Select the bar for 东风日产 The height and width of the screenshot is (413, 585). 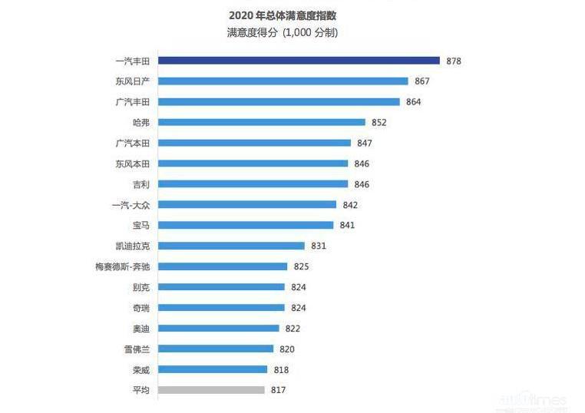pyautogui.click(x=283, y=81)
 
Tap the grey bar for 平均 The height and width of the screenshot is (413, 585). pyautogui.click(x=211, y=390)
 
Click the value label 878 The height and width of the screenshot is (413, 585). pyautogui.click(x=453, y=61)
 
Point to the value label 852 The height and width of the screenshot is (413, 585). pyautogui.click(x=378, y=122)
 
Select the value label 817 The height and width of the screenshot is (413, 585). pyautogui.click(x=278, y=390)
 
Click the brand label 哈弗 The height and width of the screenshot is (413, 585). pyautogui.click(x=140, y=122)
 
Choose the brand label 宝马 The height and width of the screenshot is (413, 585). pyautogui.click(x=140, y=225)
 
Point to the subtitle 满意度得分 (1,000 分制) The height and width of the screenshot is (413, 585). pyautogui.click(x=283, y=33)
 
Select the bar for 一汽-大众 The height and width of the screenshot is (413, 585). pyautogui.click(x=247, y=204)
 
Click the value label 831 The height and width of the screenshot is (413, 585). pyautogui.click(x=319, y=246)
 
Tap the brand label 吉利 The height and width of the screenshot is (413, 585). pyautogui.click(x=140, y=184)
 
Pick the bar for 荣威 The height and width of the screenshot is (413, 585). pyautogui.click(x=213, y=369)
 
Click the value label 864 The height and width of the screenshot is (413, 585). pyautogui.click(x=413, y=101)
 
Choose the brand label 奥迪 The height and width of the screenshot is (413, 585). pyautogui.click(x=140, y=329)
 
